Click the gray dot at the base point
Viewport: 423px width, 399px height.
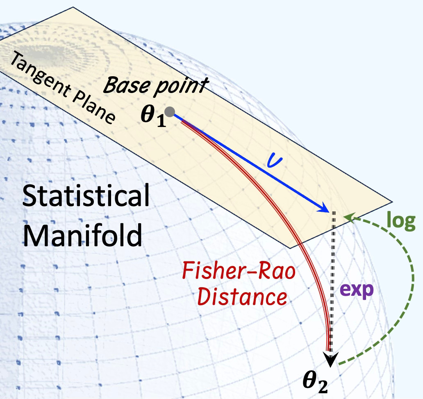pos(172,111)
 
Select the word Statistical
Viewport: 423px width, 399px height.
pos(86,197)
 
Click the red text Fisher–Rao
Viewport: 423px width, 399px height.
pos(239,272)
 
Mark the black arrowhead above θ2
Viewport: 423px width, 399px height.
pos(331,358)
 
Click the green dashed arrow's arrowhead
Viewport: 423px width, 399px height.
pos(348,218)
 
